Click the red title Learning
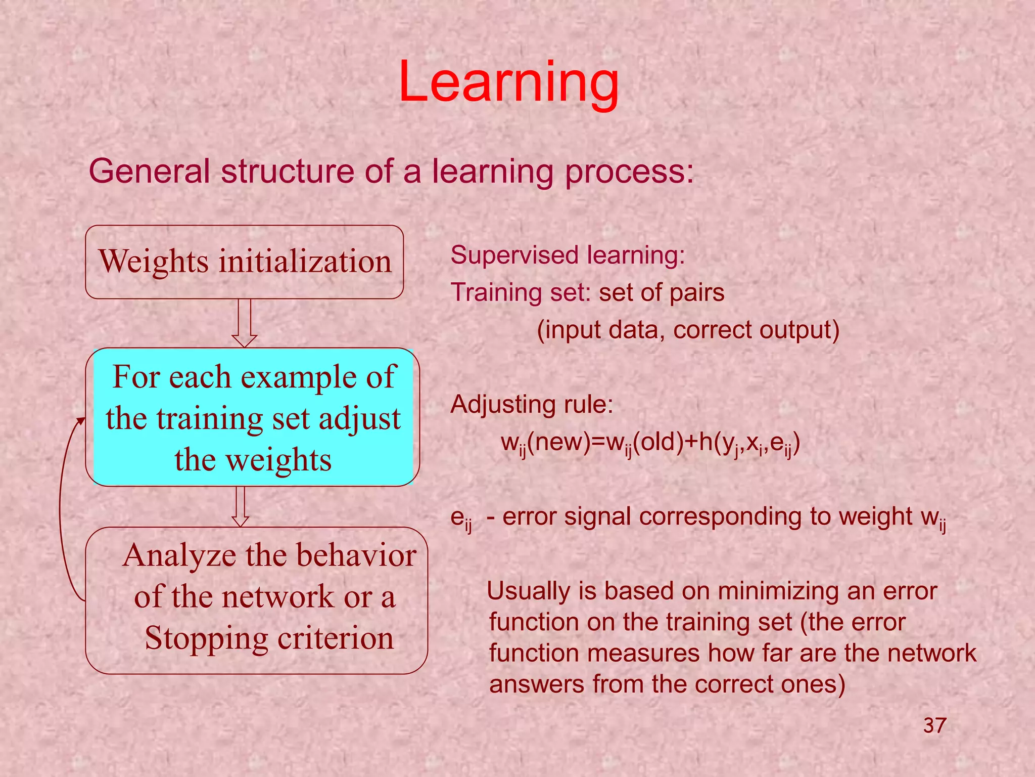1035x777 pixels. click(x=508, y=82)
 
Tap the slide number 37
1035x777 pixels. click(x=934, y=726)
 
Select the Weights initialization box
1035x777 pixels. click(x=245, y=262)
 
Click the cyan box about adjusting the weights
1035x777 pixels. click(x=253, y=417)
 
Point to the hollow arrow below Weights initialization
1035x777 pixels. click(x=245, y=324)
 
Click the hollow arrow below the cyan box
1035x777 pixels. click(x=240, y=506)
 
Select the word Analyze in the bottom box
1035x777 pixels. click(x=179, y=555)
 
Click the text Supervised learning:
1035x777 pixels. click(x=568, y=255)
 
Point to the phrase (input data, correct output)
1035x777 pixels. click(x=688, y=330)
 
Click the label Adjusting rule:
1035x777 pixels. click(x=532, y=405)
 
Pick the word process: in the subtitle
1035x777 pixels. click(x=630, y=172)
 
